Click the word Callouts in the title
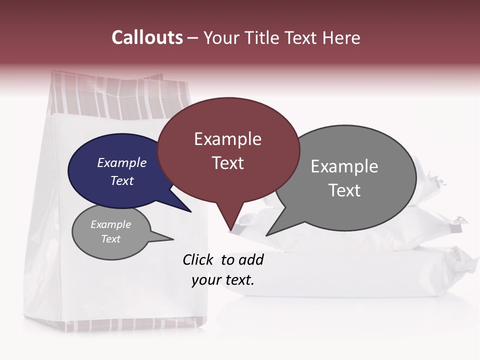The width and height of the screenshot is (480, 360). click(147, 37)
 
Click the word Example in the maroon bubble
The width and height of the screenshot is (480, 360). click(227, 139)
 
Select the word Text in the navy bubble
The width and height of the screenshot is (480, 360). click(122, 180)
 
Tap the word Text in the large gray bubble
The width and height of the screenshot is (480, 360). click(344, 190)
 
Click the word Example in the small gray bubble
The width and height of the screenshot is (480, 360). click(110, 224)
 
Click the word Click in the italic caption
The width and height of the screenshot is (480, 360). click(198, 259)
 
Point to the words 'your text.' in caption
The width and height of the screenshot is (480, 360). click(222, 280)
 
